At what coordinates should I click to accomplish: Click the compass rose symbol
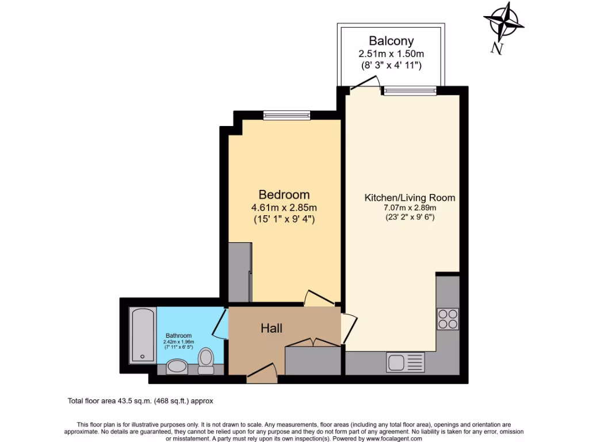point(503,21)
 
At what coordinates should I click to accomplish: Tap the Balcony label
point(391,41)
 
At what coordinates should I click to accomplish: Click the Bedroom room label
point(284,195)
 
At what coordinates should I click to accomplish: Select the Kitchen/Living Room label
point(410,198)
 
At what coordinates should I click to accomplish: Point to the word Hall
point(271,328)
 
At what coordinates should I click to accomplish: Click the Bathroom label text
point(178,336)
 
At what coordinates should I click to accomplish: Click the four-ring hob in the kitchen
point(448,319)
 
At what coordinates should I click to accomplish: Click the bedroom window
point(287,116)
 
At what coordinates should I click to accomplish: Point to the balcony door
point(365,85)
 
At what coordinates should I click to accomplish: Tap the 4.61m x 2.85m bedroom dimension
point(284,208)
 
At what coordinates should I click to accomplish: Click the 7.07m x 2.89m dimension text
point(410,208)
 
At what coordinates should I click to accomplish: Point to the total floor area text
point(141,400)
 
